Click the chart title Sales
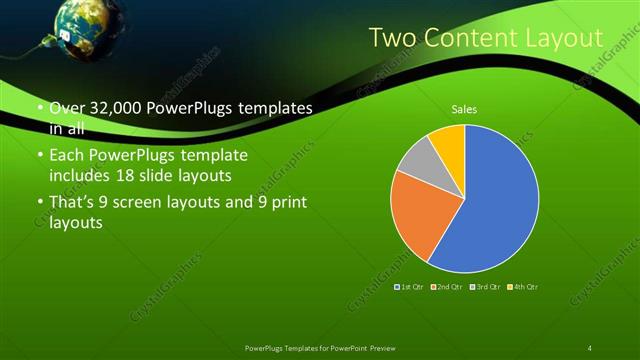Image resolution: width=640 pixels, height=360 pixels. [463, 108]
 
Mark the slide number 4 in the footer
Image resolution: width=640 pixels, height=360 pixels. [589, 347]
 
